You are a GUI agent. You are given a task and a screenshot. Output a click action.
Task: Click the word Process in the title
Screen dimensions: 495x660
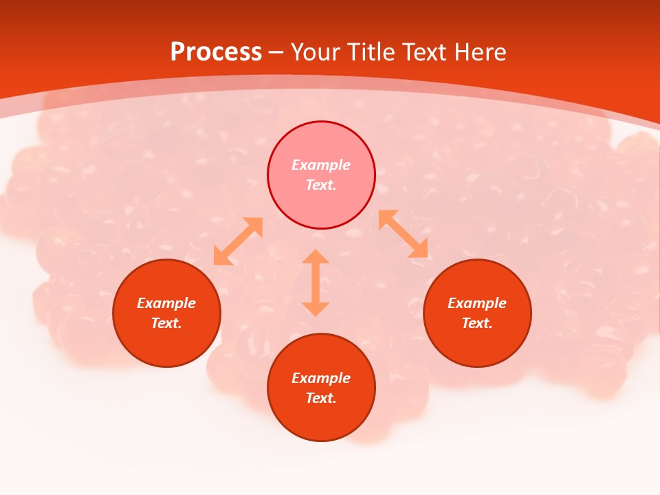click(x=216, y=52)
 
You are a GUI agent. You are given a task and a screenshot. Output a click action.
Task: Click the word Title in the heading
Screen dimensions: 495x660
click(x=372, y=52)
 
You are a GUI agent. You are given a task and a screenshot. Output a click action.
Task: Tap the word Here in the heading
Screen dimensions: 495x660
click(x=479, y=52)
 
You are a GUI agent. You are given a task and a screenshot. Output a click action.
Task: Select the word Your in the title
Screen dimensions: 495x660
click(x=318, y=52)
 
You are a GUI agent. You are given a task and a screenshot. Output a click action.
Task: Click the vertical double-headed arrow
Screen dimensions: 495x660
click(x=316, y=283)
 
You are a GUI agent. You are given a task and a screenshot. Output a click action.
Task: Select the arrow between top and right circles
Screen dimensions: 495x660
click(x=403, y=234)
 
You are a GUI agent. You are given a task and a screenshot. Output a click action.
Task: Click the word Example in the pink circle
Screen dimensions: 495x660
click(x=321, y=165)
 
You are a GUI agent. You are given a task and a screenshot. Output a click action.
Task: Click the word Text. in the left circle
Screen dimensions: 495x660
click(x=166, y=323)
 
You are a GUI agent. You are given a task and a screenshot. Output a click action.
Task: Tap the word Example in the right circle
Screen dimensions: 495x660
click(x=477, y=303)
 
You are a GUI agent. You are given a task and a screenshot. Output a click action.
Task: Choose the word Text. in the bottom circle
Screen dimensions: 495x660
click(x=321, y=398)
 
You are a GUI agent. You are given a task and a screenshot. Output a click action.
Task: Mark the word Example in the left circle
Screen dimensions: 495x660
click(x=166, y=303)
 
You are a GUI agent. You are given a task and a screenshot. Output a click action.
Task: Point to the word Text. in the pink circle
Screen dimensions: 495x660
click(x=321, y=185)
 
